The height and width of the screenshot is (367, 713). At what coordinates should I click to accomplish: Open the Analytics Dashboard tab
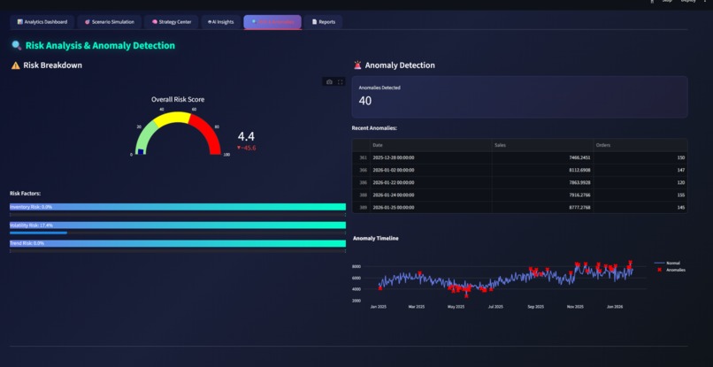(42, 21)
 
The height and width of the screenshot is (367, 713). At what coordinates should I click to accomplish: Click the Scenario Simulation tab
(109, 21)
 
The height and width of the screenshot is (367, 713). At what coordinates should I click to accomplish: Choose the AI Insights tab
(219, 21)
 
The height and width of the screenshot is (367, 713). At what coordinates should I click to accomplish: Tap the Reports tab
(324, 21)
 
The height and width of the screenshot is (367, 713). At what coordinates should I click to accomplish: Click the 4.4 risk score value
(246, 136)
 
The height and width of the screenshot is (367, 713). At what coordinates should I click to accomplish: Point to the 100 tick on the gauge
(226, 155)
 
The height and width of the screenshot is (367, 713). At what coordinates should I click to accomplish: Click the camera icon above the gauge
(329, 81)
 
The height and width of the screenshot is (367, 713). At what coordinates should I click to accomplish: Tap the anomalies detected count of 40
(365, 101)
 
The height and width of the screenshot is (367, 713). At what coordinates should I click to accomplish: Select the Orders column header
(604, 144)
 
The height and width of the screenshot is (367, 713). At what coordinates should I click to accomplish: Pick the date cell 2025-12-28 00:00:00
(394, 157)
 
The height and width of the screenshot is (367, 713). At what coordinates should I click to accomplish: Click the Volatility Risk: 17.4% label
(31, 226)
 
